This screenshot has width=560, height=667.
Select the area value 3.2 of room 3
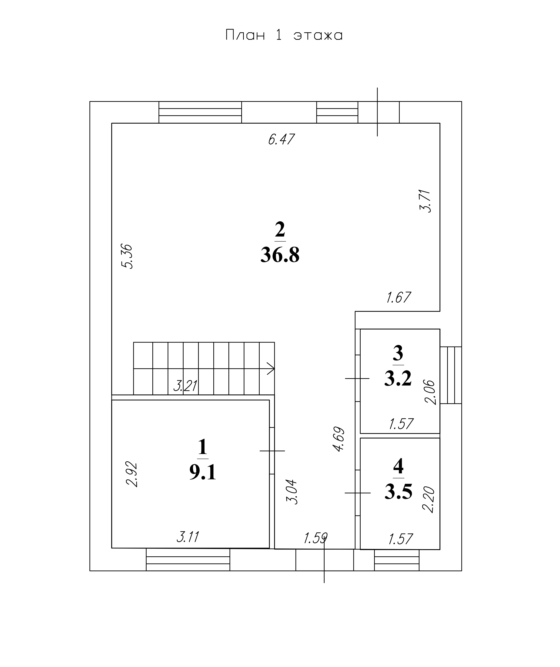pyautogui.click(x=398, y=378)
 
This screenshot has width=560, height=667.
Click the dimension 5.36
pyautogui.click(x=127, y=256)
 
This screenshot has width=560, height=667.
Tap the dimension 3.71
pyautogui.click(x=425, y=201)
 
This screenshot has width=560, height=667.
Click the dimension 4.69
pyautogui.click(x=338, y=439)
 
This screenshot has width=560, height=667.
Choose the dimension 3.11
pyautogui.click(x=188, y=537)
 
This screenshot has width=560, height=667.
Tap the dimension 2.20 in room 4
pyautogui.click(x=428, y=500)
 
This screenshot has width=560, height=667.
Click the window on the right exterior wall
pyautogui.click(x=451, y=375)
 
